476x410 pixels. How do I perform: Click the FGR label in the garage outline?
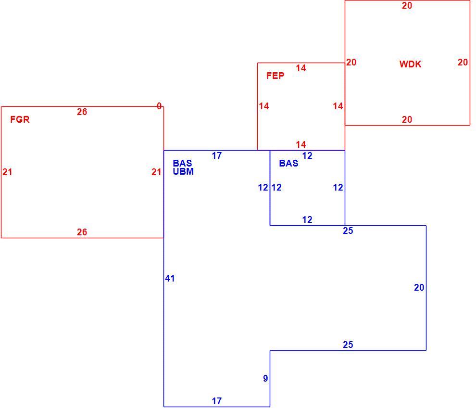pos(20,119)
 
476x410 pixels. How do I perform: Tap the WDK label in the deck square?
pos(411,64)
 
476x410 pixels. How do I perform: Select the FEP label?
pos(276,76)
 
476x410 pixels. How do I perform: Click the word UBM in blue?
pos(183,172)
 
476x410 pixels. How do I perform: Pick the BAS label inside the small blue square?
pos(288,163)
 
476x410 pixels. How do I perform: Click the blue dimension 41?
pos(170,278)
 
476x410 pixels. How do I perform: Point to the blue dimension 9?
pos(265,378)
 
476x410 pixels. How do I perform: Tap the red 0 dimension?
pos(159,106)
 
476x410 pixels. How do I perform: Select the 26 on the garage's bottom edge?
pos(82,232)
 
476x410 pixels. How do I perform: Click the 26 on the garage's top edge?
pos(82,112)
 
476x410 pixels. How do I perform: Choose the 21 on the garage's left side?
pos(7,172)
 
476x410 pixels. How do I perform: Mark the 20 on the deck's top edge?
pos(407,5)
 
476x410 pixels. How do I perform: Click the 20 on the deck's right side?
pos(463,62)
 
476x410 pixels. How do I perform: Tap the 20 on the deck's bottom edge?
pos(407,119)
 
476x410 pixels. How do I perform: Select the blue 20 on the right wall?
pos(419,287)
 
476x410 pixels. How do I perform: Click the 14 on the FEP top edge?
pos(301,68)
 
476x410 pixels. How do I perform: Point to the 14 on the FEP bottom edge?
pos(301,144)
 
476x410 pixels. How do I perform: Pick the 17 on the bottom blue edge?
pos(217,401)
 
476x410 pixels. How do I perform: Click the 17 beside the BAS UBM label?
pos(217,155)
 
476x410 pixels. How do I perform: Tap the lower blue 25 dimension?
pos(348,345)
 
